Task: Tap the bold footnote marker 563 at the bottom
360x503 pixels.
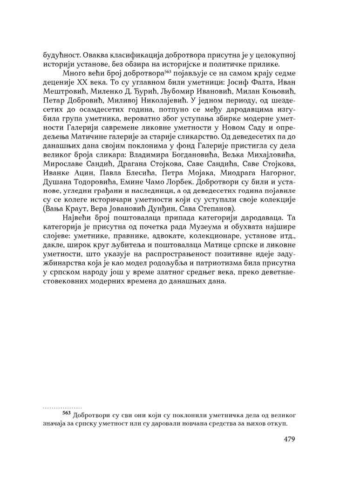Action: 66,413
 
